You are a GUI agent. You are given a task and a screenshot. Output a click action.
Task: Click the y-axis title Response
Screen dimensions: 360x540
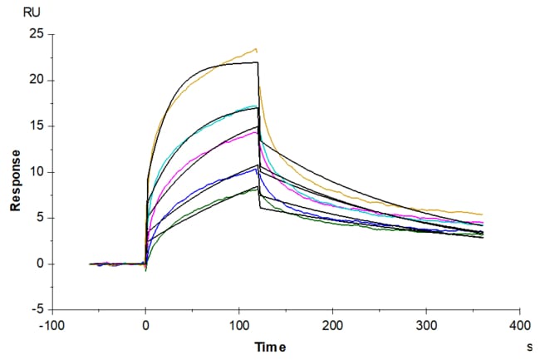[15, 180]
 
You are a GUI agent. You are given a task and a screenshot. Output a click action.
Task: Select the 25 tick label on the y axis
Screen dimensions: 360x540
[35, 34]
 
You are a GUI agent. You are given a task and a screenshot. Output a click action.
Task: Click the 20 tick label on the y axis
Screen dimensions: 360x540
[35, 81]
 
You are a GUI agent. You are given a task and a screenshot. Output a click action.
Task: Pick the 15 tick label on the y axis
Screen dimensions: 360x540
[35, 126]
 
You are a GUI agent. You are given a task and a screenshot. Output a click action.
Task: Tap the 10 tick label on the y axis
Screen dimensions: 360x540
[35, 172]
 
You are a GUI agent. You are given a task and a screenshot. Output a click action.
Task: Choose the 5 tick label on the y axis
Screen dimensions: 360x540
[39, 218]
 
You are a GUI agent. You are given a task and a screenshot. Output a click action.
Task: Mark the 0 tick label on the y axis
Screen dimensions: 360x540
[39, 264]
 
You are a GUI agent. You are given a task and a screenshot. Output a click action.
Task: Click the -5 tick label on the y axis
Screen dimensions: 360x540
[37, 310]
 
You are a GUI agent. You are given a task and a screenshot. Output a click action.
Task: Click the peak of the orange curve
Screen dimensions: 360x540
[257, 48]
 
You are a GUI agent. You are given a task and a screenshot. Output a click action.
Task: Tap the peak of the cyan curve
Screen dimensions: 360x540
[256, 106]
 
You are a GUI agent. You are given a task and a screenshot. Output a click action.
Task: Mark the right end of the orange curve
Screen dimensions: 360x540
[482, 215]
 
